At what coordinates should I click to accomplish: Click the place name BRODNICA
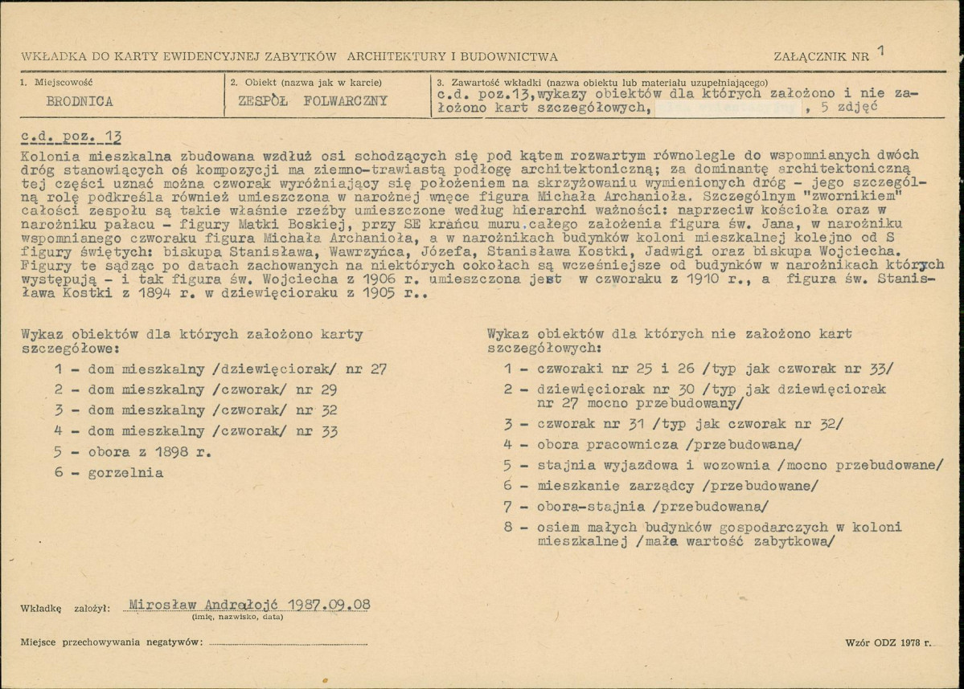click(x=80, y=102)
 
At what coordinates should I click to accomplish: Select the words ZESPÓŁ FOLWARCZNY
click(x=313, y=101)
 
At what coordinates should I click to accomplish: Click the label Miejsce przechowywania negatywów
click(x=112, y=643)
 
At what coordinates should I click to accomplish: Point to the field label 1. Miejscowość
click(x=59, y=83)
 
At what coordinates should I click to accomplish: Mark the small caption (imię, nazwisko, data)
click(x=237, y=617)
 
